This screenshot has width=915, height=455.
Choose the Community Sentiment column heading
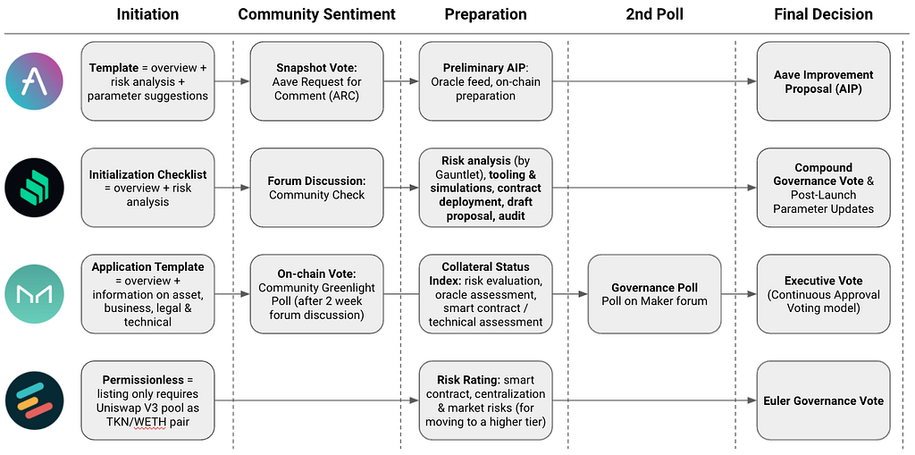point(317,14)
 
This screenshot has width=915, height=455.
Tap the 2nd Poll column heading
point(655,14)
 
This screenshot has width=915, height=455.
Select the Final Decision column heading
point(823,14)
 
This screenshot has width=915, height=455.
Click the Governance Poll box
point(654,294)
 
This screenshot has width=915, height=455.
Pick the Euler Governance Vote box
point(823,400)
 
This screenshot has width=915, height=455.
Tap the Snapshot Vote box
point(317,81)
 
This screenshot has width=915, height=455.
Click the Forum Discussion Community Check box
point(317,188)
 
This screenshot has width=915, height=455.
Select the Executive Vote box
point(823,294)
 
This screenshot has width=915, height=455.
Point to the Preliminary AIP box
point(485,81)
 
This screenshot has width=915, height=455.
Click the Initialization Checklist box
point(147,188)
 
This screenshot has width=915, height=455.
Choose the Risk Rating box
point(485,400)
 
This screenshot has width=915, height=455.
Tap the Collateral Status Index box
point(485,294)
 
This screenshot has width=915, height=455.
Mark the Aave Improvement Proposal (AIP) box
point(823,81)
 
